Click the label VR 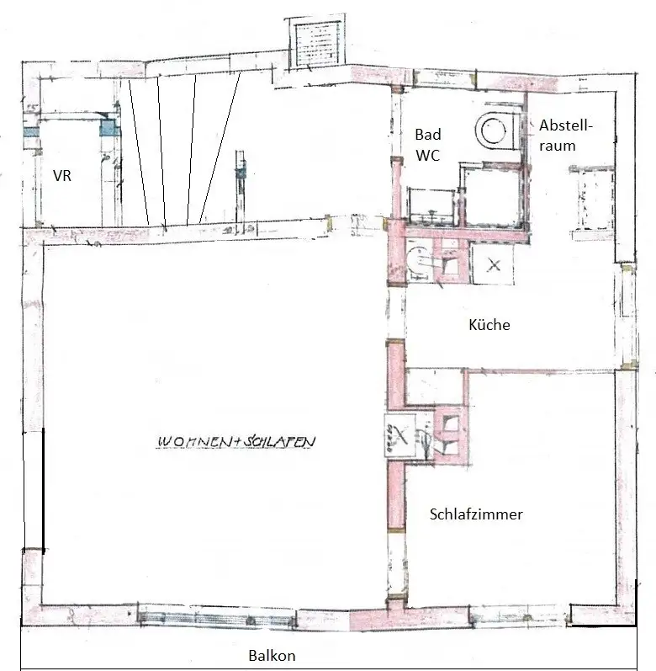pyautogui.click(x=62, y=176)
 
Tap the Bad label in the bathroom pyautogui.click(x=428, y=135)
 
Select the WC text pyautogui.click(x=427, y=156)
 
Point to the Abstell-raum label pyautogui.click(x=565, y=136)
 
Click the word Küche pyautogui.click(x=489, y=325)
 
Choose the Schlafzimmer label pyautogui.click(x=476, y=514)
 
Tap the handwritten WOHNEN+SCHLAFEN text pyautogui.click(x=235, y=442)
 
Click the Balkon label pyautogui.click(x=272, y=656)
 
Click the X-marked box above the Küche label pyautogui.click(x=492, y=265)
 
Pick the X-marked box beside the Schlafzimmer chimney pyautogui.click(x=400, y=435)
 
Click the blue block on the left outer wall pyautogui.click(x=31, y=132)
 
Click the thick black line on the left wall pyautogui.click(x=44, y=487)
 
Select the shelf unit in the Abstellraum pyautogui.click(x=592, y=201)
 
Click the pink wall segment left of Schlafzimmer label pyautogui.click(x=396, y=497)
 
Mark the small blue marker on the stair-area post pyautogui.click(x=241, y=173)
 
